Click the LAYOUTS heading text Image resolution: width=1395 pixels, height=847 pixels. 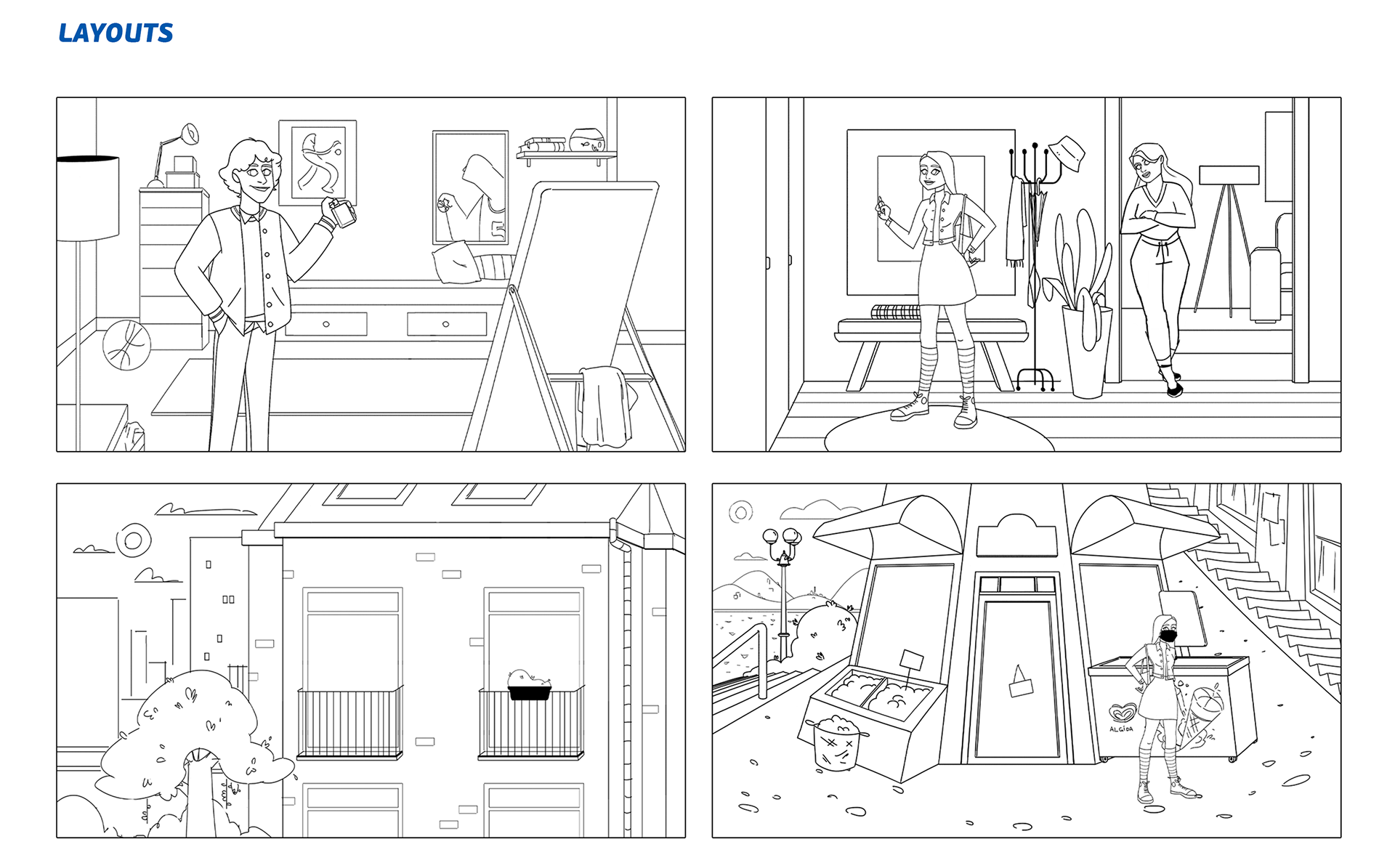pyautogui.click(x=116, y=33)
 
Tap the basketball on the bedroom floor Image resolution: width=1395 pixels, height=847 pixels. pyautogui.click(x=127, y=345)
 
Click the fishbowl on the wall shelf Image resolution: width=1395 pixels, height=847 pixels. pyautogui.click(x=586, y=139)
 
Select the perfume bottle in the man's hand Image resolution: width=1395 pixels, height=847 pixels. pyautogui.click(x=342, y=213)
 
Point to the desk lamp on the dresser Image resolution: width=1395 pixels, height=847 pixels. pyautogui.click(x=173, y=153)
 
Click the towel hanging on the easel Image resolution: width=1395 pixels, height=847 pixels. pyautogui.click(x=604, y=407)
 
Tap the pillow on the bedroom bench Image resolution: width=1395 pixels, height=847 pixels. pyautogui.click(x=456, y=262)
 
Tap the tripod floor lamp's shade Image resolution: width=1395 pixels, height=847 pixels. pyautogui.click(x=1229, y=175)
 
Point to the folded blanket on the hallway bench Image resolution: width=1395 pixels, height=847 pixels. pyautogui.click(x=896, y=312)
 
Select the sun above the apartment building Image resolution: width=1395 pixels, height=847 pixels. pyautogui.click(x=134, y=540)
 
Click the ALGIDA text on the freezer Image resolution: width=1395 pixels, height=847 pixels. pyautogui.click(x=1121, y=729)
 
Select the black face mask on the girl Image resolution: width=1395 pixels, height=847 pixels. pyautogui.click(x=1168, y=636)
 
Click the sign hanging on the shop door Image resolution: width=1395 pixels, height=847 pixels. pyautogui.click(x=1020, y=683)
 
